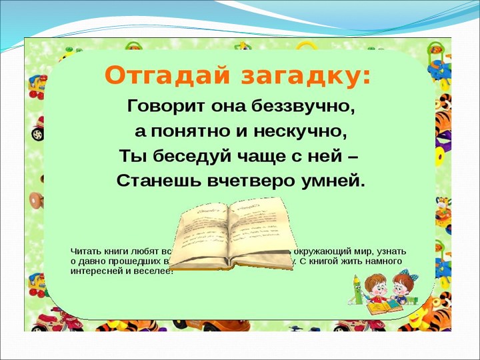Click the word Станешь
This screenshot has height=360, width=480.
pyautogui.click(x=153, y=180)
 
